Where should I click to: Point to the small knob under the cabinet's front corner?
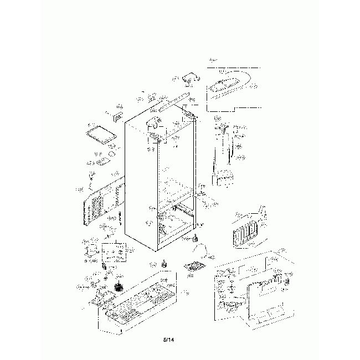(x=195, y=239)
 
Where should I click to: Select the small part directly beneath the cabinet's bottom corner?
(x=164, y=265)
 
